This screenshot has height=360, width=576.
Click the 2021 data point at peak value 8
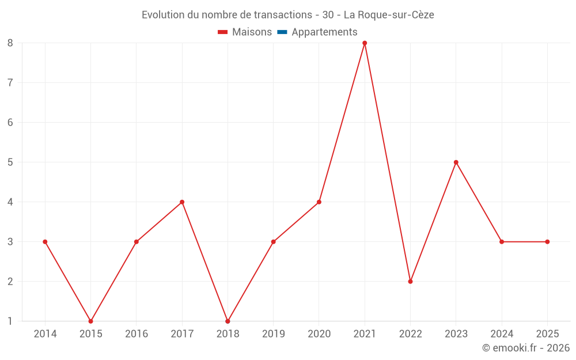365,43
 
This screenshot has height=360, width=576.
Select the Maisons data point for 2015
90,321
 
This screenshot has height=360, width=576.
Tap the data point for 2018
228,321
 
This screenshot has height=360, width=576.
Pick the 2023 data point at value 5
456,162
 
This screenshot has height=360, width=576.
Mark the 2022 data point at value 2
410,282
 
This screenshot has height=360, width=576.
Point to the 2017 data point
182,202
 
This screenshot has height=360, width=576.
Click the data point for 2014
45,242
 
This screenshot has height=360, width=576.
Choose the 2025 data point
547,242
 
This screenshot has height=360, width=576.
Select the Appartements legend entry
324,32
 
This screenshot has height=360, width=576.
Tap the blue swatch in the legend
282,32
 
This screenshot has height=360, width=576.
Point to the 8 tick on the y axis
10,43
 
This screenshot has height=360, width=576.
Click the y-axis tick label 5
10,162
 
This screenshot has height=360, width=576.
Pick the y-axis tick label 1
10,321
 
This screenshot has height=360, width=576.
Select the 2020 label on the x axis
319,334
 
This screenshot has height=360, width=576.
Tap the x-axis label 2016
136,334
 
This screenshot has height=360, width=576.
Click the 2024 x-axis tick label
502,334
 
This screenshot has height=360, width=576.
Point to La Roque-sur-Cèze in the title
389,15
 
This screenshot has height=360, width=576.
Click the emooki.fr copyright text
526,348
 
